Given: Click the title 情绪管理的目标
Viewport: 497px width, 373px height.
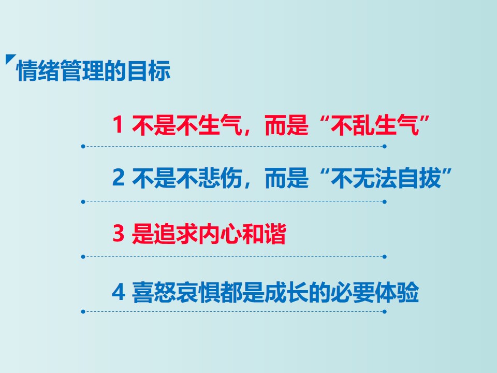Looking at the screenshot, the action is (94, 71).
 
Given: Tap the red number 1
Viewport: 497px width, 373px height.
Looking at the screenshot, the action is (118, 124).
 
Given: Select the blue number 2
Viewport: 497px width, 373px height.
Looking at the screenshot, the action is (118, 177).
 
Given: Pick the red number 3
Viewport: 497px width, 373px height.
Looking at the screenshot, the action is (118, 233).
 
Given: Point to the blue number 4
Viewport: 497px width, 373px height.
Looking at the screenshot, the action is (118, 292).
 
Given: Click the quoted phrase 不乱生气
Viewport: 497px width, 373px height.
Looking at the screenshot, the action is (375, 125).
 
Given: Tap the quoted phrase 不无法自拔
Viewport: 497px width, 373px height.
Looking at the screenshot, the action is (386, 178).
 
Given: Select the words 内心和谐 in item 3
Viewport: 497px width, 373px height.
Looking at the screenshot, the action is (242, 234).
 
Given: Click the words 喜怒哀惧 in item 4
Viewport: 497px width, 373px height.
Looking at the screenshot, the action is (176, 292).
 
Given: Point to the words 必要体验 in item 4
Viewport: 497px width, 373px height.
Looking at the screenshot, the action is (375, 292).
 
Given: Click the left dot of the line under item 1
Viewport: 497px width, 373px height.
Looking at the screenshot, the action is (83, 147).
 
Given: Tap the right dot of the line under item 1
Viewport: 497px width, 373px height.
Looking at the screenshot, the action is (385, 147).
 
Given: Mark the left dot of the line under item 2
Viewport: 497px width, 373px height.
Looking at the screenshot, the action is (83, 202).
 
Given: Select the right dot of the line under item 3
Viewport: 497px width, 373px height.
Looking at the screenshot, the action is (385, 256).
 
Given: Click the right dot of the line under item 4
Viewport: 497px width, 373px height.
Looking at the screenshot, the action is (385, 312).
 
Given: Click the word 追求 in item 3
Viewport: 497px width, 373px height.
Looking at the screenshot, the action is (176, 234).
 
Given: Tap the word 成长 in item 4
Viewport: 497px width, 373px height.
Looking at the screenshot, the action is (286, 292).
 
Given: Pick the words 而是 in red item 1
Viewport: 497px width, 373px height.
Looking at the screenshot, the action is (286, 125).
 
